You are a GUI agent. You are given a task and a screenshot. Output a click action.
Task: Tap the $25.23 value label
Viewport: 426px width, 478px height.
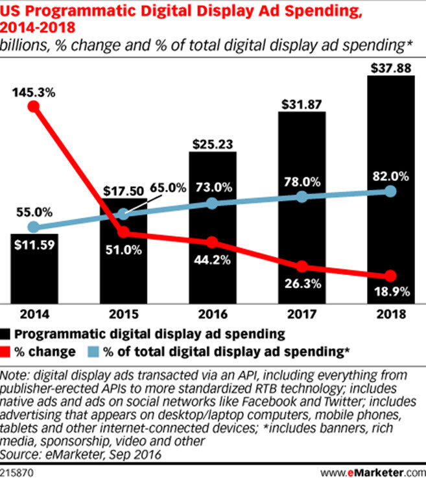click(212, 141)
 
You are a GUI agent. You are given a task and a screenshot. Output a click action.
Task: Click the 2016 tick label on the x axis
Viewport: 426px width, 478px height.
click(212, 315)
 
